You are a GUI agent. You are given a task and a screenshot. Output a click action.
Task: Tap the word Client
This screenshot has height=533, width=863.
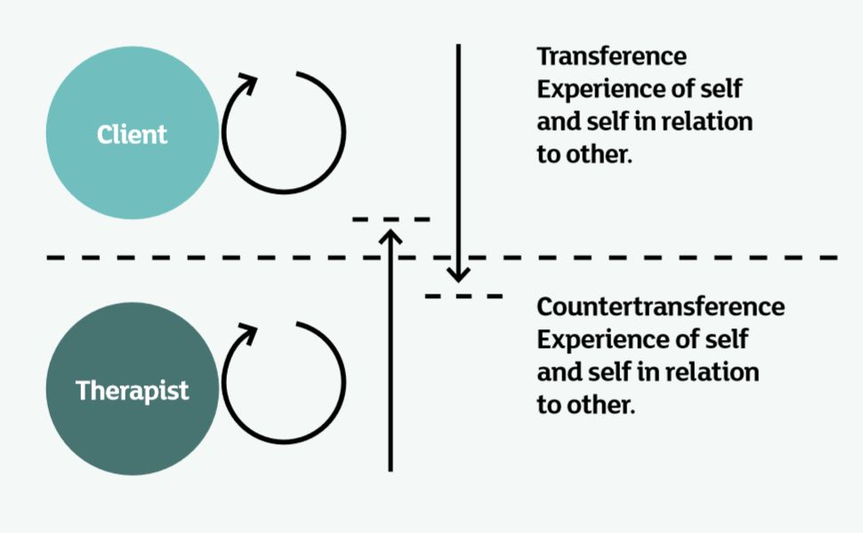[x=132, y=134]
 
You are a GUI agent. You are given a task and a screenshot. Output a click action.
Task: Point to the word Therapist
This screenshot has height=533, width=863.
[x=132, y=391]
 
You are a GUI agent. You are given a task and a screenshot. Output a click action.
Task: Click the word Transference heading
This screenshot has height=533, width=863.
[x=611, y=56]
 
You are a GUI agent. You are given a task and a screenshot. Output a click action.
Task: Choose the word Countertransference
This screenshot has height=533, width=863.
[x=660, y=308]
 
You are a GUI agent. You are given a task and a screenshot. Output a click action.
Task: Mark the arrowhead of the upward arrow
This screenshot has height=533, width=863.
[x=391, y=237]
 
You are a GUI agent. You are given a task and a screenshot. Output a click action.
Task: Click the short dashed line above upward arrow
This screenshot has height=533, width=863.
[x=391, y=218]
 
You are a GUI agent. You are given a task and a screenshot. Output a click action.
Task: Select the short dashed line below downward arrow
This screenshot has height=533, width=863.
[x=464, y=295]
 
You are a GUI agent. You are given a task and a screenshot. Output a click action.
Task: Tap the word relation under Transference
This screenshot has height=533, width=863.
[x=707, y=121]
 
